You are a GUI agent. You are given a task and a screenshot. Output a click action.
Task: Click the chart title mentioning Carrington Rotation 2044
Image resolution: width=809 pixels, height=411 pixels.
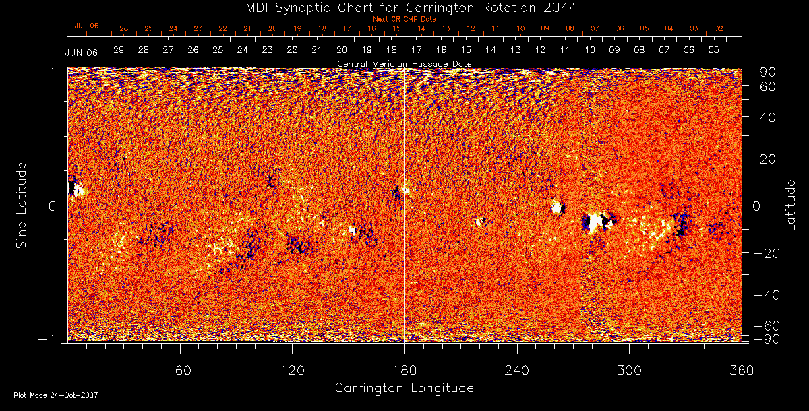click(404, 7)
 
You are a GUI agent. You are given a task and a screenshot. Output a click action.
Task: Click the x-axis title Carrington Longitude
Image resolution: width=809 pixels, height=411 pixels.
click(404, 388)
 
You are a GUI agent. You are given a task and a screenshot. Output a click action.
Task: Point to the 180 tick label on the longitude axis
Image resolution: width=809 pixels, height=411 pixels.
click(404, 370)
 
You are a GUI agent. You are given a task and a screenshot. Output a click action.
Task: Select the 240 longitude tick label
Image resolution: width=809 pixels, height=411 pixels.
click(517, 370)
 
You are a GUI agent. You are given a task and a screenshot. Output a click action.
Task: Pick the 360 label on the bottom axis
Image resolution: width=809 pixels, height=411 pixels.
click(742, 370)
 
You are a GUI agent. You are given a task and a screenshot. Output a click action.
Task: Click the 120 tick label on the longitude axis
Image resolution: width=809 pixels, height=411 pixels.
click(292, 370)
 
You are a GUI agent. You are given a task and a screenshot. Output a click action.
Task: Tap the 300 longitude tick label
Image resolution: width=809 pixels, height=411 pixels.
click(629, 370)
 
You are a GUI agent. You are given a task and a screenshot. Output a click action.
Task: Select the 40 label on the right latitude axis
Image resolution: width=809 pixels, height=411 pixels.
click(767, 117)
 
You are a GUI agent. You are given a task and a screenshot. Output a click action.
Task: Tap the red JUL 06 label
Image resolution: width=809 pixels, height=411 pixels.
click(86, 26)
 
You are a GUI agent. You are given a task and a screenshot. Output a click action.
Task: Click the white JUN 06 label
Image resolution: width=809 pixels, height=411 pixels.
click(82, 53)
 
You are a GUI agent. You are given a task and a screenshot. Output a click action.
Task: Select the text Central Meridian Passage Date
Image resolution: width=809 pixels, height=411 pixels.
click(404, 64)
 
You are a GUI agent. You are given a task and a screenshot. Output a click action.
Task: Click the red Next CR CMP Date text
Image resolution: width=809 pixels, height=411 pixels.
click(404, 19)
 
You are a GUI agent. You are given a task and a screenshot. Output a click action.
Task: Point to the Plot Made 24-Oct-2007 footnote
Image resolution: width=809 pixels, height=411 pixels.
click(56, 395)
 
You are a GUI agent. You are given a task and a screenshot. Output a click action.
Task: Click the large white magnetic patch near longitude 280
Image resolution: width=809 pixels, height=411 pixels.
click(594, 222)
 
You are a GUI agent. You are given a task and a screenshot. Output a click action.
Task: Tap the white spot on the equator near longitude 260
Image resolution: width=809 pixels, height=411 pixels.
click(557, 207)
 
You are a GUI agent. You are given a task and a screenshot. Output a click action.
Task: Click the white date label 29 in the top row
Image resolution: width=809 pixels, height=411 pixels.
click(119, 50)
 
